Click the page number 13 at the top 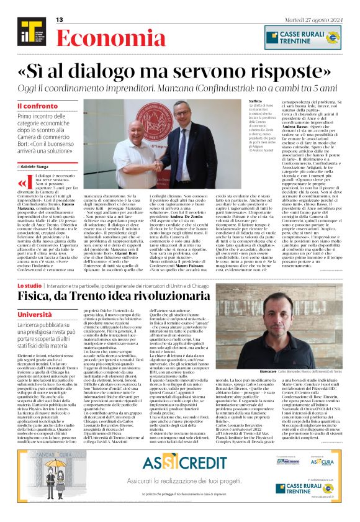click(60, 20)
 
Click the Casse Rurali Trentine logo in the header click(302, 37)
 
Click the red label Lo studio click(29, 286)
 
